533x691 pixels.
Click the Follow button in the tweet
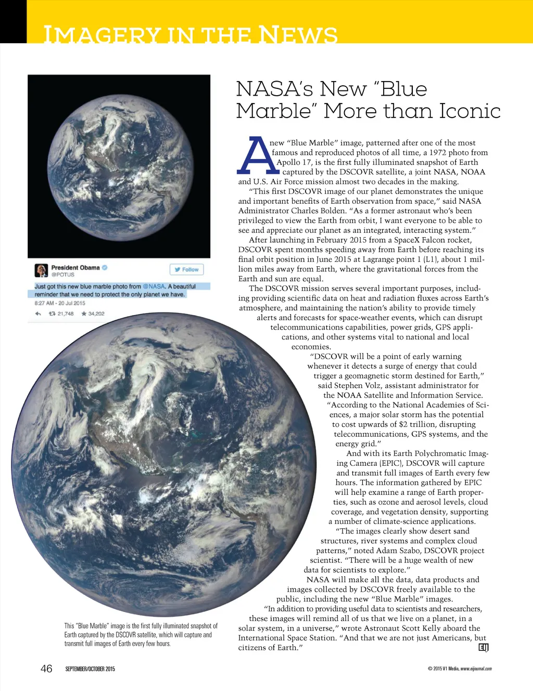(x=186, y=269)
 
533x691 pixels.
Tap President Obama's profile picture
(x=41, y=270)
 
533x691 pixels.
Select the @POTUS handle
(x=63, y=275)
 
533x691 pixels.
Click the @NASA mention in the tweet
(x=154, y=286)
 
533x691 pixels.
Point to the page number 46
(x=46, y=668)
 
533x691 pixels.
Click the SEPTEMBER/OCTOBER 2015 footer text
(x=90, y=669)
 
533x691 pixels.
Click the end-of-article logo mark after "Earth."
(x=483, y=647)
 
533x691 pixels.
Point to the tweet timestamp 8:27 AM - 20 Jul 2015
(x=60, y=303)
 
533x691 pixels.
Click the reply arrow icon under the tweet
(x=38, y=314)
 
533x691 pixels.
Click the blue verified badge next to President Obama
(x=105, y=267)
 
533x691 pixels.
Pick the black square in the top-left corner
(x=13, y=21)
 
